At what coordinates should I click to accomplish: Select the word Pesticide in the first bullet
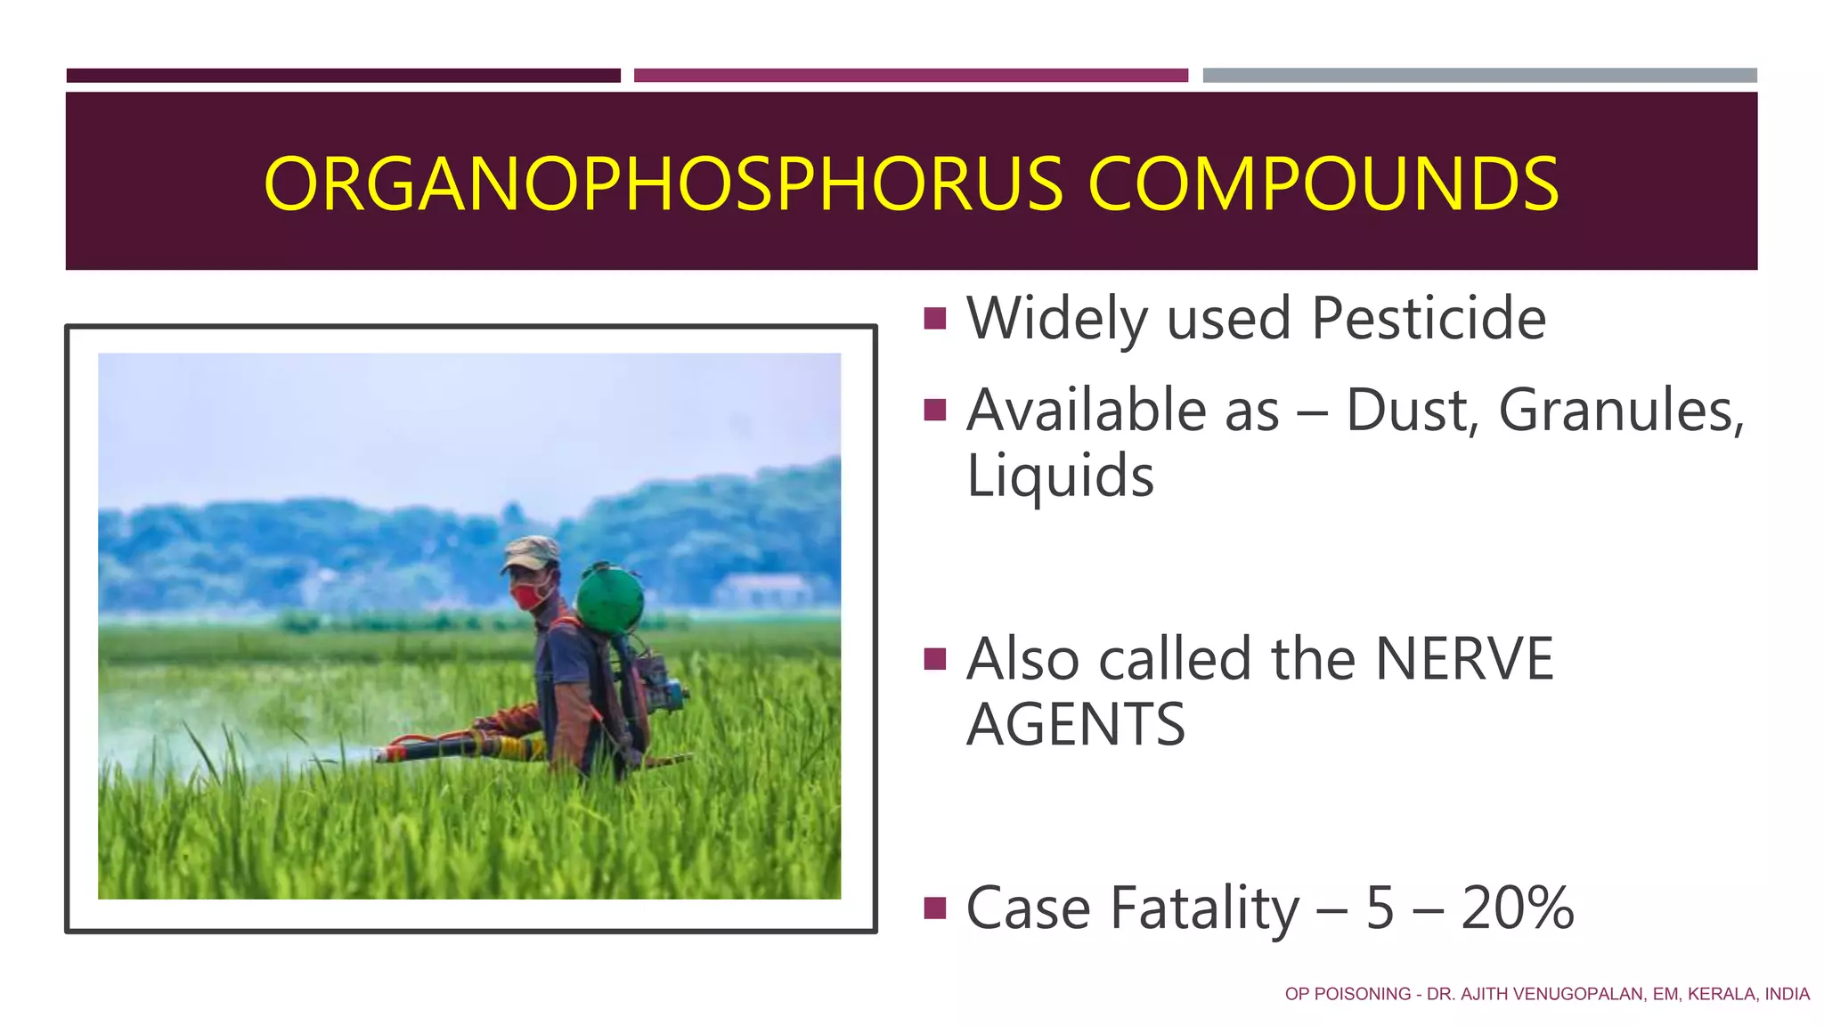tap(1429, 318)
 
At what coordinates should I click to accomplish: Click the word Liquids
tap(1060, 476)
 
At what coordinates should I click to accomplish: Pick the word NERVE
tap(1464, 659)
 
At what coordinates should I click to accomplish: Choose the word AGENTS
tap(1076, 724)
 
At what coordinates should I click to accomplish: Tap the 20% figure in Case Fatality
tap(1517, 908)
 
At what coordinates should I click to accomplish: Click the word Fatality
tap(1205, 908)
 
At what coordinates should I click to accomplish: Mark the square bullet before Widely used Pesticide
tap(935, 318)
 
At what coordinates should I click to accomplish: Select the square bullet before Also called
tap(935, 659)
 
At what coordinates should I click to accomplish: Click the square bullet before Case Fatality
tap(935, 908)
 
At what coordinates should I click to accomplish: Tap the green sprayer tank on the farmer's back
tap(610, 599)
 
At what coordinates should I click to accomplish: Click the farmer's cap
tap(531, 552)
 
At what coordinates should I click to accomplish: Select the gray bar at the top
tap(1479, 76)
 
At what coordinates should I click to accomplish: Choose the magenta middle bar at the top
tap(910, 76)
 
